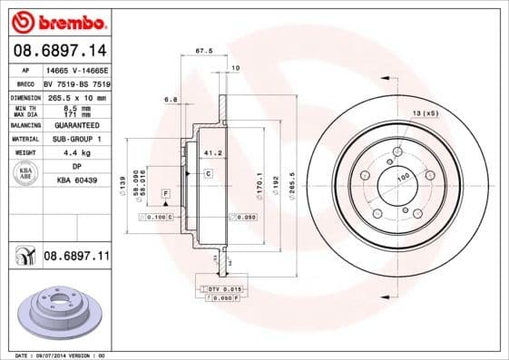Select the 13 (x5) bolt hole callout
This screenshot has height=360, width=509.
pos(425,112)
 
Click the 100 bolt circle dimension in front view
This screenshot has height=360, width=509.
pos(401,176)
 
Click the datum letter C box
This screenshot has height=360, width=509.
pos(207,172)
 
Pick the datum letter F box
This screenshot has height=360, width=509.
pos(166,194)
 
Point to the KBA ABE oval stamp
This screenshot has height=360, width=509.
pos(26,174)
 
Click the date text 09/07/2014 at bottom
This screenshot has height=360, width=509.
pos(60,355)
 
